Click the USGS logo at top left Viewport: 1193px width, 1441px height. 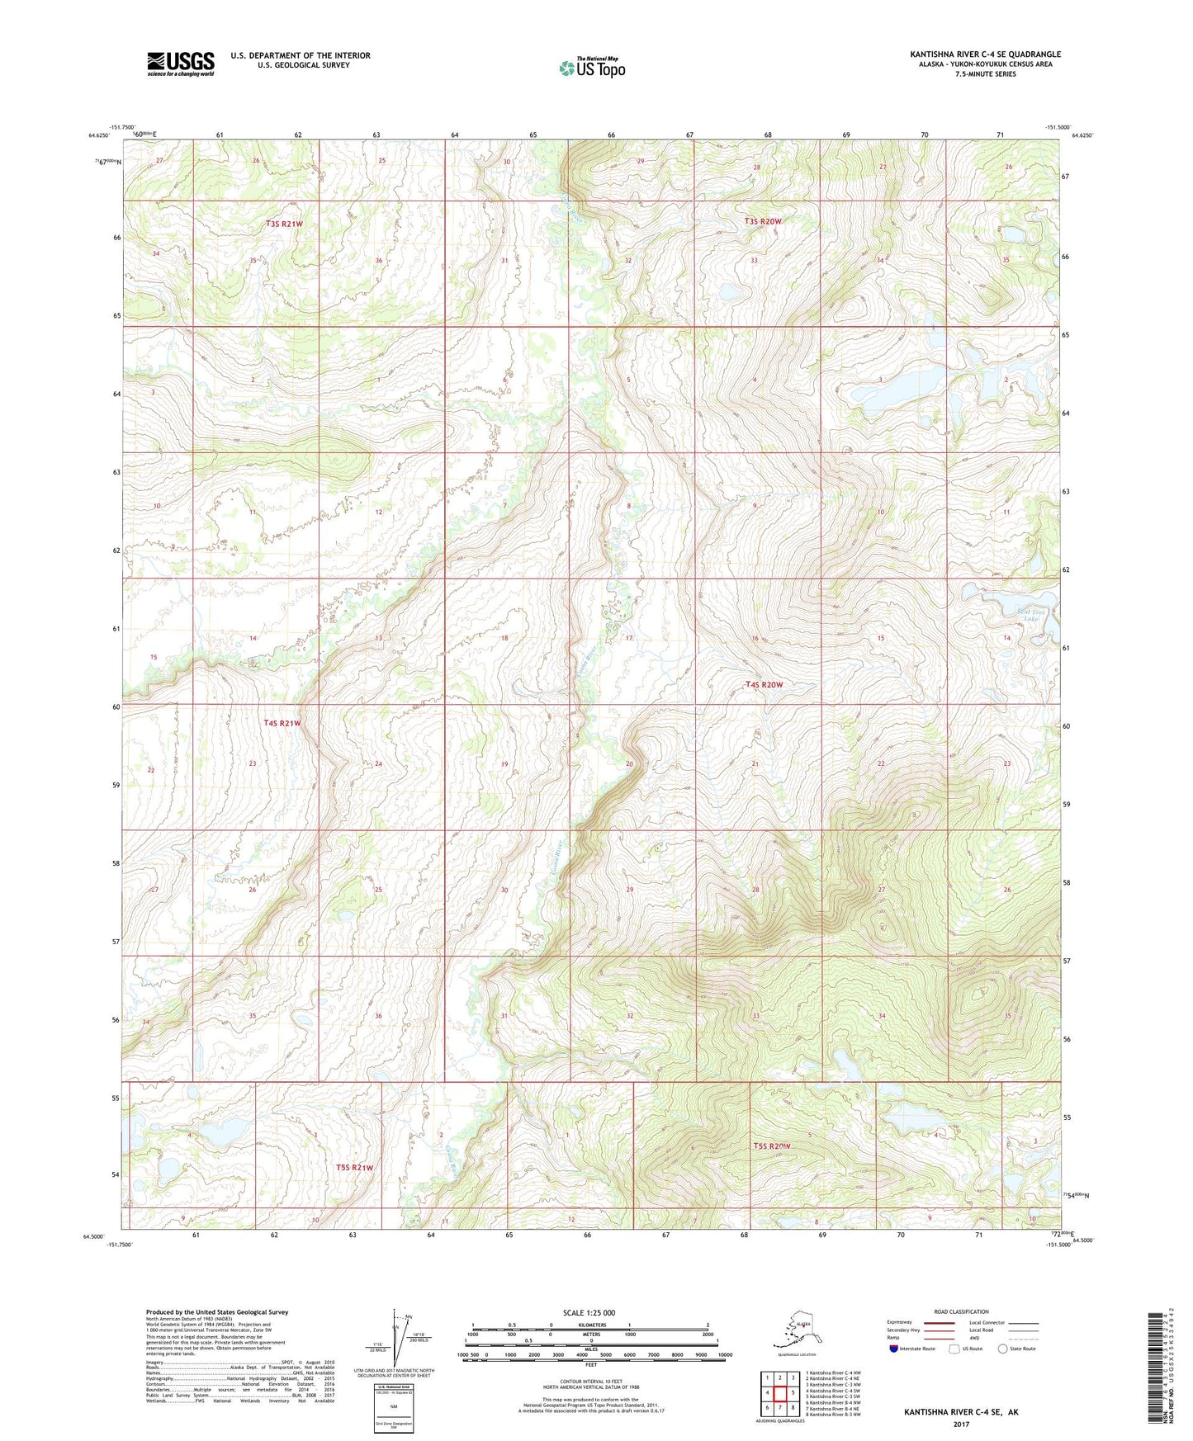point(180,63)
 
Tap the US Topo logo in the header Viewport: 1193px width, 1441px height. point(591,68)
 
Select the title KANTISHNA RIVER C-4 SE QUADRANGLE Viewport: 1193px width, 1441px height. point(985,54)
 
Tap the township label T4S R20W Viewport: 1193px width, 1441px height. point(764,684)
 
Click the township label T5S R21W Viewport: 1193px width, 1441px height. point(355,1167)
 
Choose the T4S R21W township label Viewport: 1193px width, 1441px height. point(282,723)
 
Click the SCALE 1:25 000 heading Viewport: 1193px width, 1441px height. point(589,1312)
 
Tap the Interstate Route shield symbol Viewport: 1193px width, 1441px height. point(894,1349)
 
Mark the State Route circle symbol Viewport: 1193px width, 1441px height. point(1002,1349)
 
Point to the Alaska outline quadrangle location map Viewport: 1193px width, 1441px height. point(796,1335)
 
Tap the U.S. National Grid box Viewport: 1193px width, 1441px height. point(393,1408)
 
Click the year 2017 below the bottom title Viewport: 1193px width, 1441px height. point(960,1424)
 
